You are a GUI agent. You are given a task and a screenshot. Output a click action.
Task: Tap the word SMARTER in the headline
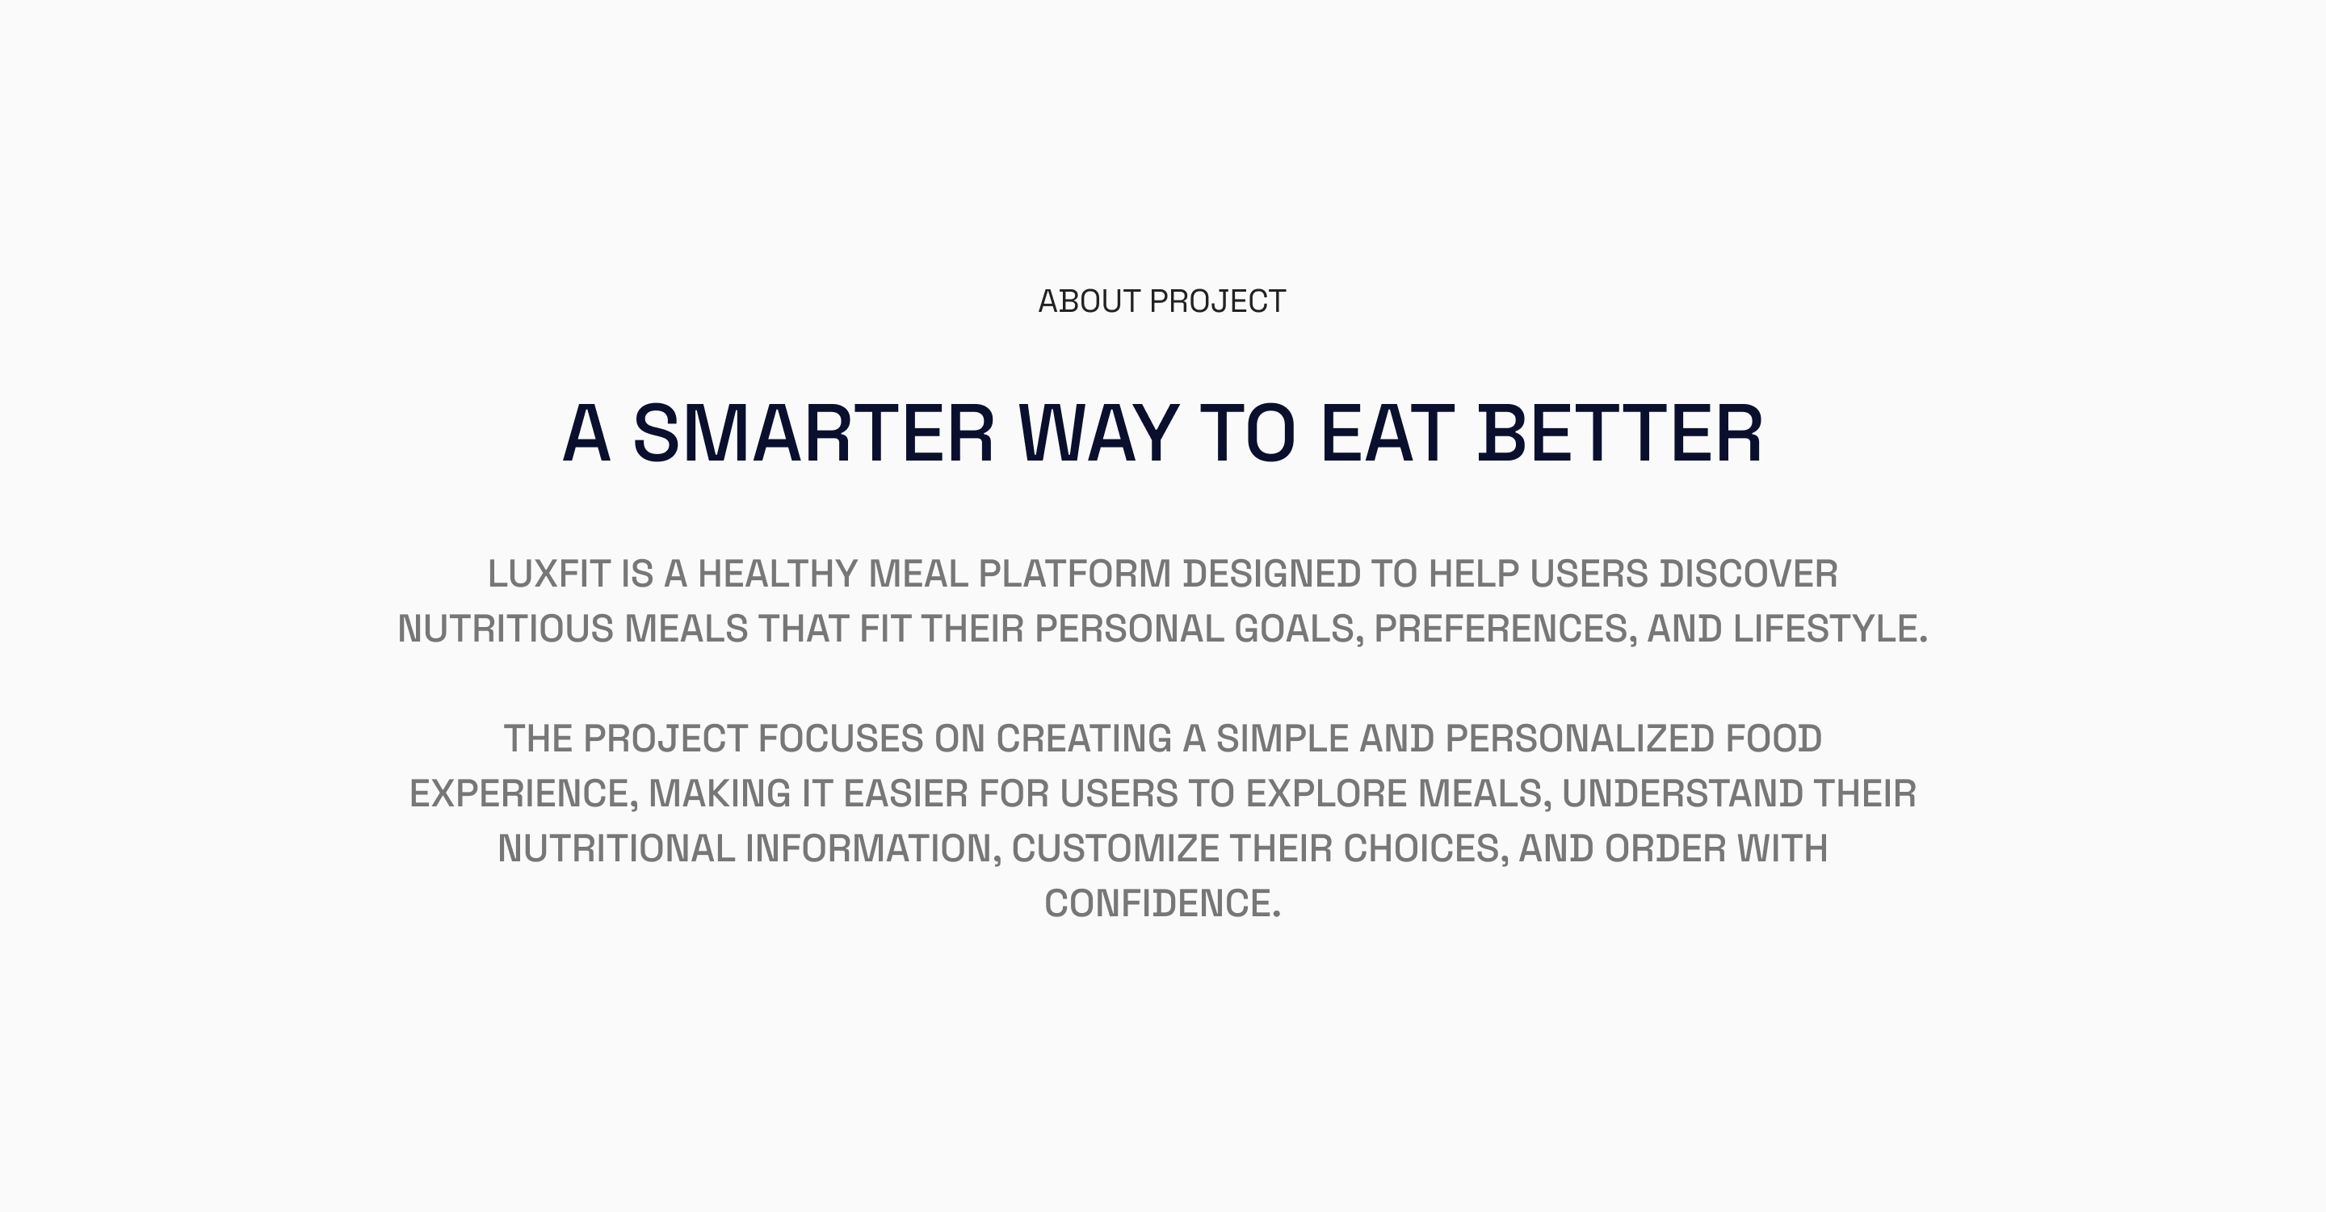[813, 434]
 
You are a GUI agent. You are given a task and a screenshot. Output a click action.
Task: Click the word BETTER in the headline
[1620, 434]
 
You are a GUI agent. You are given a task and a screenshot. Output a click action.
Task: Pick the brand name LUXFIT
[549, 574]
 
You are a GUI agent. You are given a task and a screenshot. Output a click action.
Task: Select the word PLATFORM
[1074, 574]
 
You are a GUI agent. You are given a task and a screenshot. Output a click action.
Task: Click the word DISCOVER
[1748, 574]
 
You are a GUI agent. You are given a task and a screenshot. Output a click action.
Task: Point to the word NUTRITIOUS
[506, 629]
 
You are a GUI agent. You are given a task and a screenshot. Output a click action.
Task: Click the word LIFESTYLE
[1830, 629]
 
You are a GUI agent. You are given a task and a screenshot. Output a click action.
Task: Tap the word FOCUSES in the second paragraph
[841, 739]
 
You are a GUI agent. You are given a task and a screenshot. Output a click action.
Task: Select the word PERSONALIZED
[1581, 739]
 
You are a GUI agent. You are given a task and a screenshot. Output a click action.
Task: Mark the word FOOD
[1774, 739]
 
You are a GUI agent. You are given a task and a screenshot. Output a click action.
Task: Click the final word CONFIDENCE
[1162, 904]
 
